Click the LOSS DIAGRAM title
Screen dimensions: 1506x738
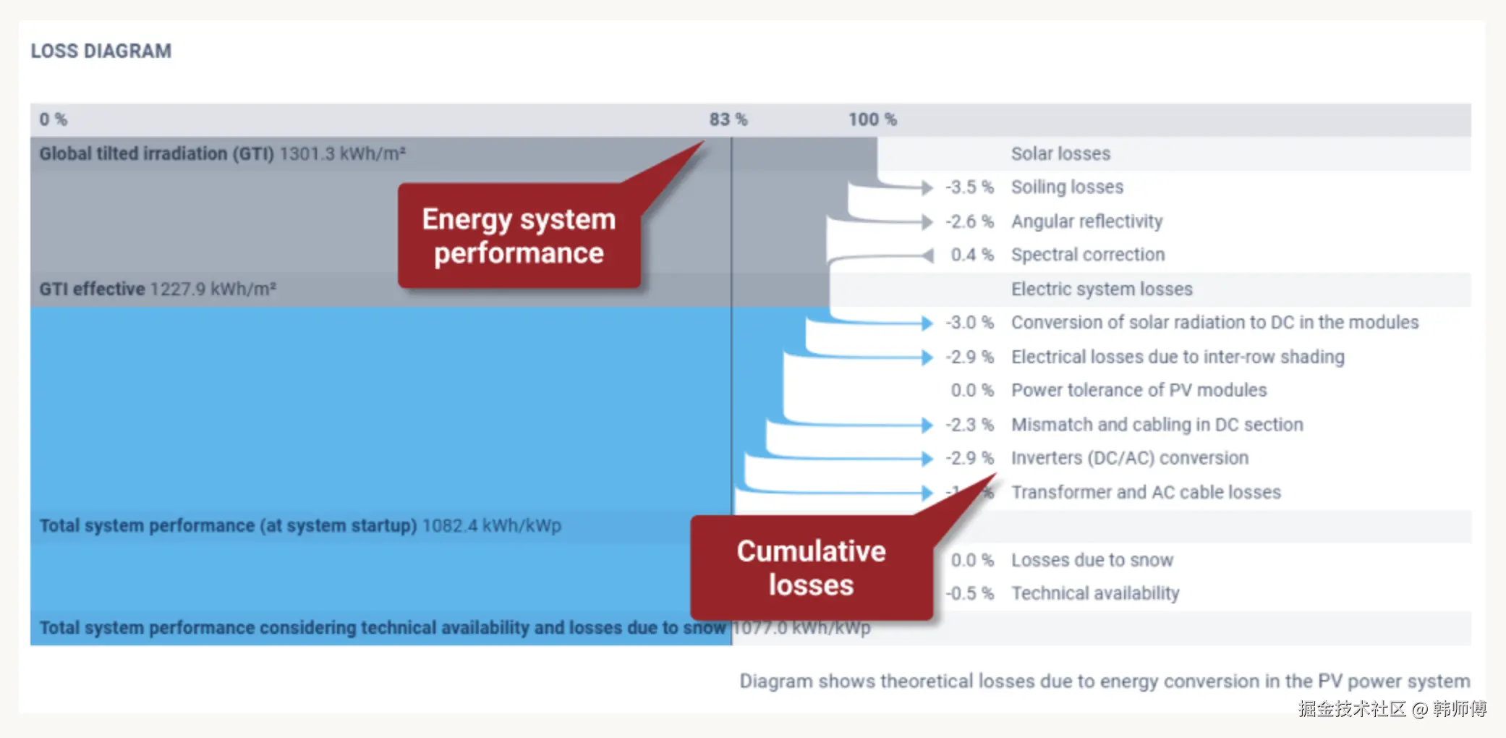click(101, 51)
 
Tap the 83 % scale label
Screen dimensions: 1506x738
click(728, 119)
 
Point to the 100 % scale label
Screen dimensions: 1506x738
click(872, 119)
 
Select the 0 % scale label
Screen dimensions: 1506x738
click(53, 119)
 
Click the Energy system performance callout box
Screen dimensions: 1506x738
click(519, 236)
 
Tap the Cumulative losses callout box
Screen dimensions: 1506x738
click(811, 568)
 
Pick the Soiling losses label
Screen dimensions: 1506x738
click(1067, 187)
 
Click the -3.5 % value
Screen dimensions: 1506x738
click(969, 187)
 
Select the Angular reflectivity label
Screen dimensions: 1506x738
click(1086, 221)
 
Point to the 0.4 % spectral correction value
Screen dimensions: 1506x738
click(971, 255)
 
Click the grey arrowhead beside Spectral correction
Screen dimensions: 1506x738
click(927, 255)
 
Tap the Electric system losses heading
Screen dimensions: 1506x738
click(1101, 289)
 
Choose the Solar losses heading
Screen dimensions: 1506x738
click(1060, 154)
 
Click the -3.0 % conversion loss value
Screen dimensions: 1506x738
click(969, 323)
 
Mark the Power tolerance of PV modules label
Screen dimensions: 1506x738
click(1139, 391)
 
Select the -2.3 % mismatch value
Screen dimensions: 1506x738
click(969, 425)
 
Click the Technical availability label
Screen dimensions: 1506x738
click(1095, 594)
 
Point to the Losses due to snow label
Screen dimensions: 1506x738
click(1092, 560)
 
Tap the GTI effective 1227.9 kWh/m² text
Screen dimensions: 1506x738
click(158, 289)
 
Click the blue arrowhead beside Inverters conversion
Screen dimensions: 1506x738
click(927, 459)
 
